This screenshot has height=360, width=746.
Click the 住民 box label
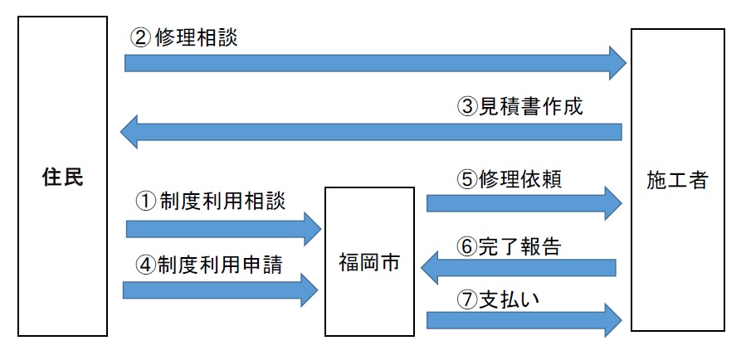coord(62,178)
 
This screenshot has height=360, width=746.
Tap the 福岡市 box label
coord(368,264)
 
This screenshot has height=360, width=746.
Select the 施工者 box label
coord(676,180)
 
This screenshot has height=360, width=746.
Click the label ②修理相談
coord(184,38)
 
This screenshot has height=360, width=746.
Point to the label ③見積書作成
coord(520,106)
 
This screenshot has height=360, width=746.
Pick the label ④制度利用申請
coord(209,265)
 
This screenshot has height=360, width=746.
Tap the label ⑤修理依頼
coord(509,179)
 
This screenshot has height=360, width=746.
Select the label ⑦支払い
coord(498,299)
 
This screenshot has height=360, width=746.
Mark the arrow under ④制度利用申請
coord(221,289)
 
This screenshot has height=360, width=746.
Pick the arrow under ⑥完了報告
coord(519,267)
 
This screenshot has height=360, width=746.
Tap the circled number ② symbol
coord(139,38)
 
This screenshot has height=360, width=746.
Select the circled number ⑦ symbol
coord(466,299)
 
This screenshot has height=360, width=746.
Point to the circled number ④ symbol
coord(144,265)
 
